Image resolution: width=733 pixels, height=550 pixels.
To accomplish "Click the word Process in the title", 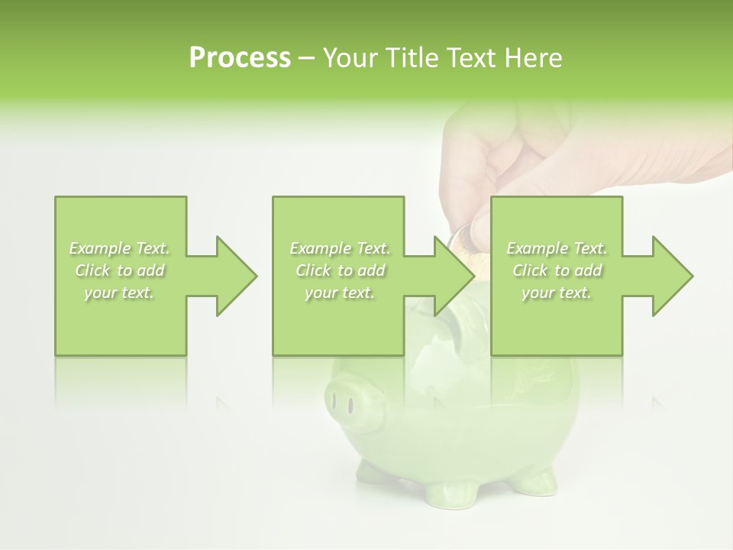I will [x=240, y=58].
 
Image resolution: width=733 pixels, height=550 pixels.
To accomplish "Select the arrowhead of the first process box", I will [x=234, y=276].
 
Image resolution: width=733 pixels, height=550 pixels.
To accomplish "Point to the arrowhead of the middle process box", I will [x=452, y=276].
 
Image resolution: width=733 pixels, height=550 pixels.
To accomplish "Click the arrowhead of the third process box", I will [x=670, y=276].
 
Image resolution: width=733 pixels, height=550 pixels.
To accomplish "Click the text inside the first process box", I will [x=120, y=270].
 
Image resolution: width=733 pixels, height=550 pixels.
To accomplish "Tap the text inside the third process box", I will [x=557, y=270].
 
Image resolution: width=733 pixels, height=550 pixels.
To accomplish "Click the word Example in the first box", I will [x=100, y=248].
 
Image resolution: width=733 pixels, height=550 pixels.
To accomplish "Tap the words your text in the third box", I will [x=557, y=293].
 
